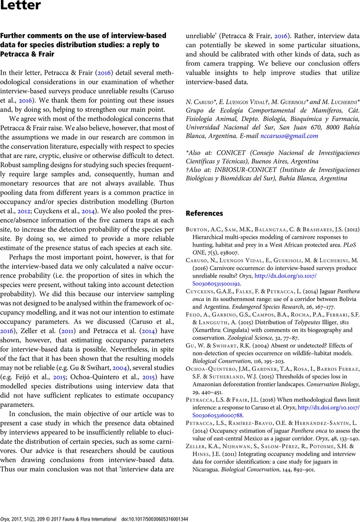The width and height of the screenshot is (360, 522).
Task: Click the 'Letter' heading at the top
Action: [x=21, y=6]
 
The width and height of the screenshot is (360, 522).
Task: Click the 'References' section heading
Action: [x=206, y=213]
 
